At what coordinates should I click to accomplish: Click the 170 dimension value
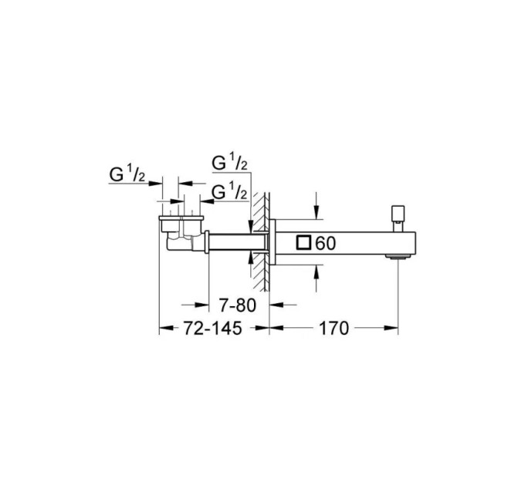(x=334, y=328)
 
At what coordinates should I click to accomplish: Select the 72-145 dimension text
(x=212, y=328)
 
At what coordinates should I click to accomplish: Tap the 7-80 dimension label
(x=237, y=305)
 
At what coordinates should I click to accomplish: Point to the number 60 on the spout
(x=326, y=243)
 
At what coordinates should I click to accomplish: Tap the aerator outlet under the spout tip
(x=398, y=257)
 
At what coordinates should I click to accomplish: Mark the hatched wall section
(x=261, y=241)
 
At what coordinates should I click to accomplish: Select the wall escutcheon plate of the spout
(x=273, y=242)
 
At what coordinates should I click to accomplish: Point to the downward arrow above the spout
(x=317, y=206)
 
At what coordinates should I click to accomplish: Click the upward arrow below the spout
(x=317, y=278)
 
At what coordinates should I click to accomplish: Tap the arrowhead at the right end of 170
(x=391, y=328)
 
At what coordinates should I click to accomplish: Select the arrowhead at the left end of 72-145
(x=167, y=328)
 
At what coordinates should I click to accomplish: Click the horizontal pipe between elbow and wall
(x=238, y=242)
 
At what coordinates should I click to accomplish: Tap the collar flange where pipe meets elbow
(x=207, y=241)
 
